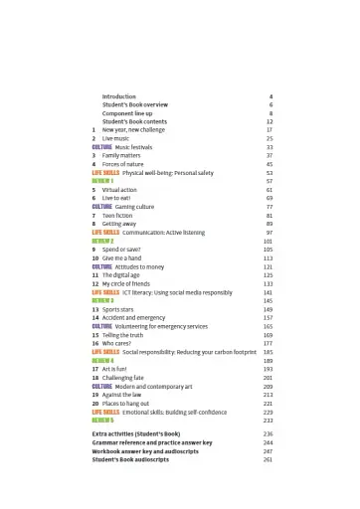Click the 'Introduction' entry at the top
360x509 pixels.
118,96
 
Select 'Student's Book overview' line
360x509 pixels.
135,104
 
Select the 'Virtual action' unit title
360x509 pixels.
120,189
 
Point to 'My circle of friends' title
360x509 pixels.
131,284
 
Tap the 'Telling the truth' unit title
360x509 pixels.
124,335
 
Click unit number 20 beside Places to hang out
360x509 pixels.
94,403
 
